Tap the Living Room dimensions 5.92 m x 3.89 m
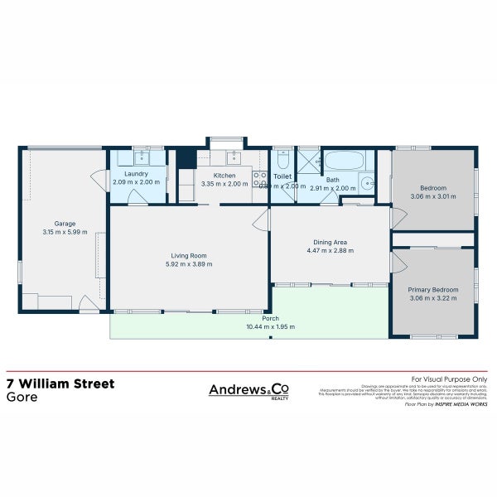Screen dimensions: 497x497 pyautogui.click(x=189, y=264)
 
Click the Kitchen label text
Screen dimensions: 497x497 pyautogui.click(x=224, y=176)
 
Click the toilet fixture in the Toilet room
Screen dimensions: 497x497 pyautogui.click(x=282, y=158)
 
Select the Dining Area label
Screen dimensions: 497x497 pyautogui.click(x=329, y=242)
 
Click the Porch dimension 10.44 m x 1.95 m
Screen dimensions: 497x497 pyautogui.click(x=270, y=327)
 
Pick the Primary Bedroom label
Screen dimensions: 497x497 pyautogui.click(x=432, y=290)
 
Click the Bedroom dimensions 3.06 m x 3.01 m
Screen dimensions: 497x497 pyautogui.click(x=432, y=196)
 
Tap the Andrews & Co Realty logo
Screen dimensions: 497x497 pyautogui.click(x=248, y=390)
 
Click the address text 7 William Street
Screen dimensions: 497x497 pyautogui.click(x=60, y=384)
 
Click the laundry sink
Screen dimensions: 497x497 pyautogui.click(x=139, y=157)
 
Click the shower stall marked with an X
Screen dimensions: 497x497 pyautogui.click(x=308, y=158)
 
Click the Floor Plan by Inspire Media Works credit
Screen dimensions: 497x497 pyautogui.click(x=446, y=403)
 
